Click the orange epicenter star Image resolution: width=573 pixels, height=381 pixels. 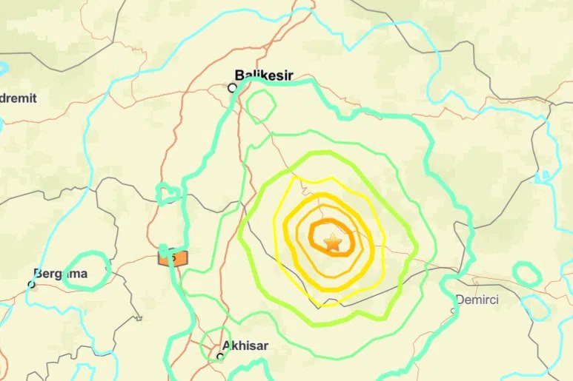(x=333, y=242)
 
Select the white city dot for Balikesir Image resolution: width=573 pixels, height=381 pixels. (x=232, y=87)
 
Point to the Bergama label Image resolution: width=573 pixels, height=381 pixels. (x=61, y=274)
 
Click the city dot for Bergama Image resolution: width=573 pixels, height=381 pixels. (x=32, y=283)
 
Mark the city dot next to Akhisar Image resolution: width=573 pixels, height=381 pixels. (x=220, y=356)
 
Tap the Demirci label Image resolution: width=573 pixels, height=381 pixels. (x=477, y=300)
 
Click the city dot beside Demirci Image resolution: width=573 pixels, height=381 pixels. (x=454, y=310)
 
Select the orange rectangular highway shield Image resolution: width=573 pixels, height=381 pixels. (x=173, y=257)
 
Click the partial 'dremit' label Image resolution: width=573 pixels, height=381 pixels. (x=18, y=98)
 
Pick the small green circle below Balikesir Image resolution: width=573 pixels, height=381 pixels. (x=261, y=108)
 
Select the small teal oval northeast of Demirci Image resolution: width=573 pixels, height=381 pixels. (x=527, y=275)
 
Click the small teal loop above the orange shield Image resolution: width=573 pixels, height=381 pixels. (x=169, y=194)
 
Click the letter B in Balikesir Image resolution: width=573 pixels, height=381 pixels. (x=239, y=75)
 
